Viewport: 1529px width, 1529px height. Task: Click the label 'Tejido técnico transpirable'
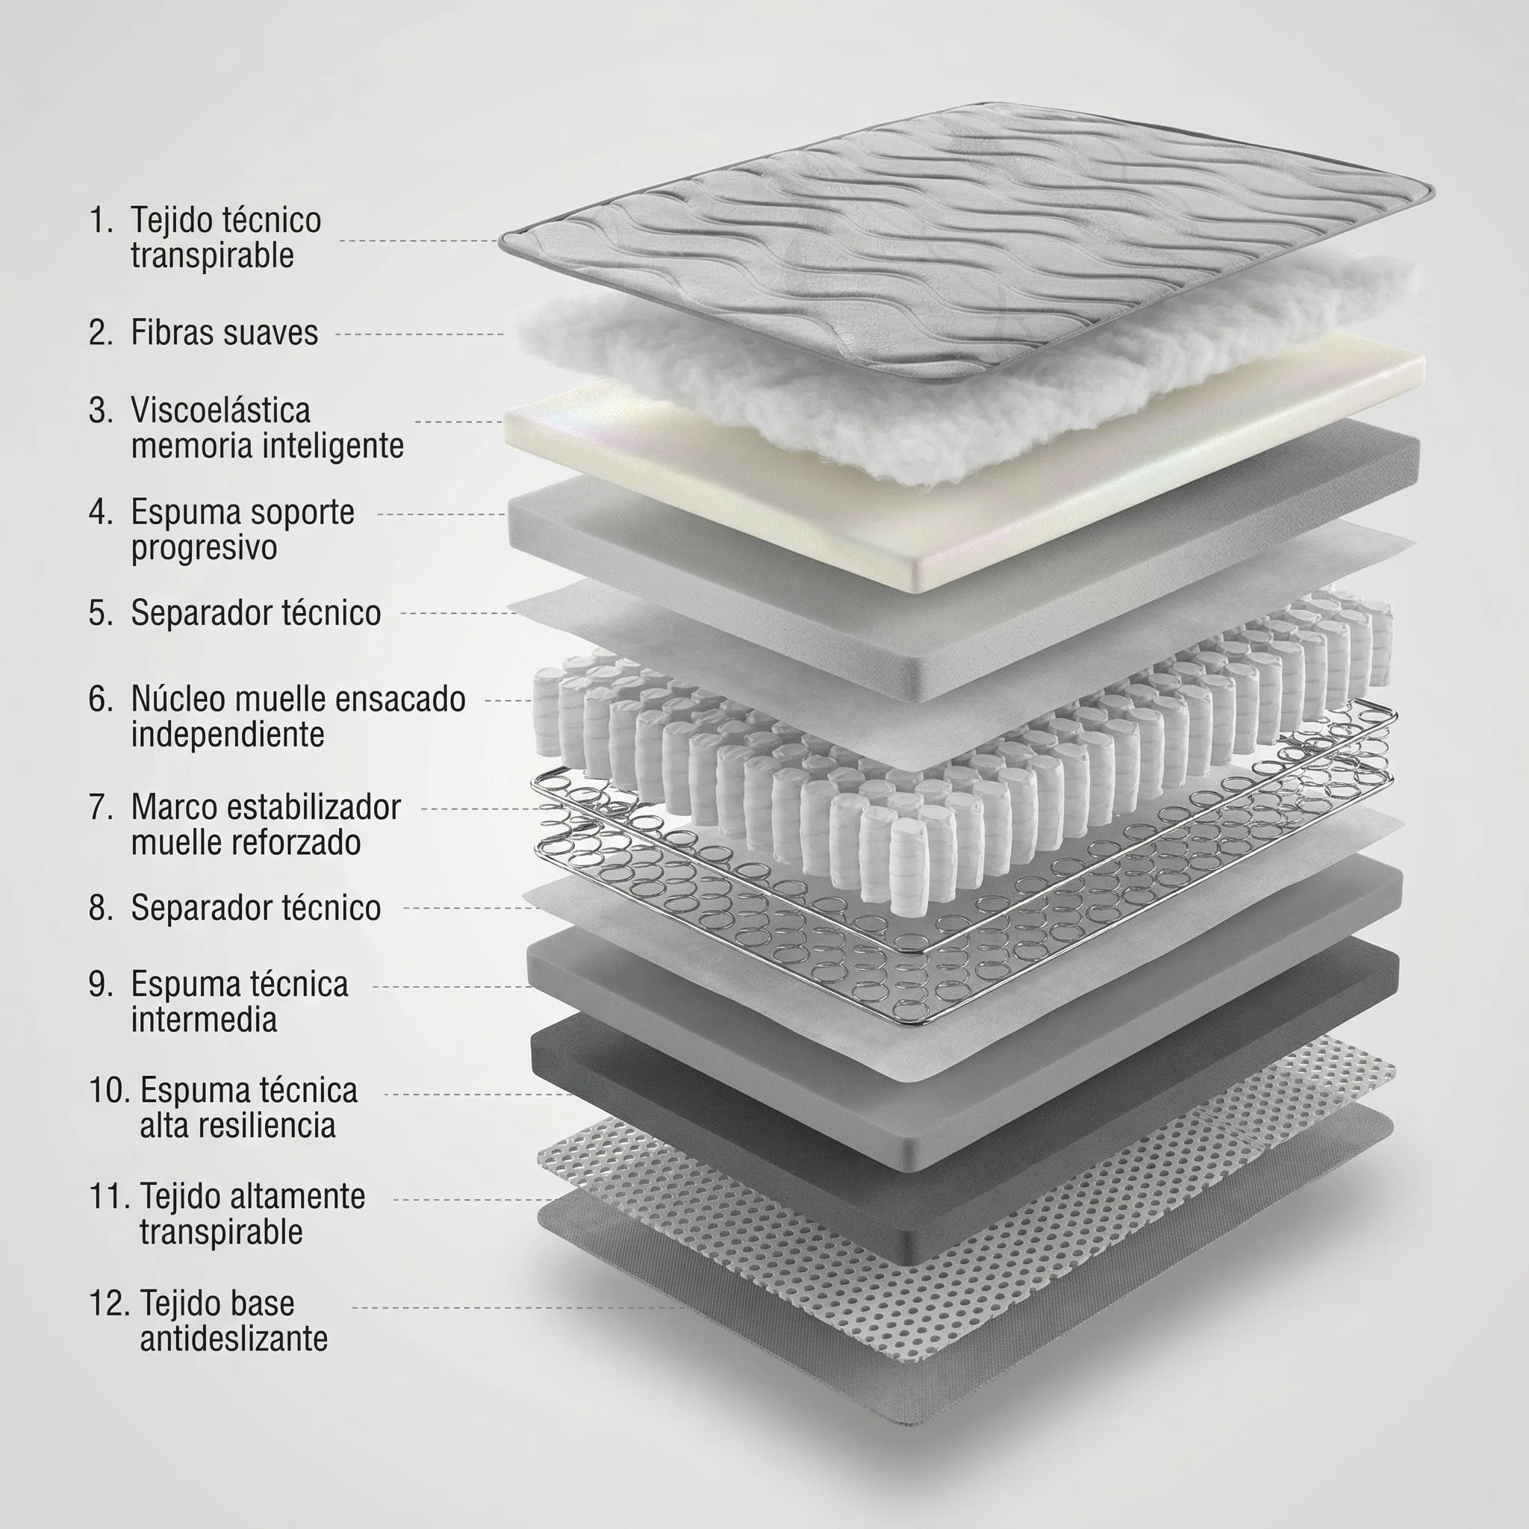click(x=225, y=237)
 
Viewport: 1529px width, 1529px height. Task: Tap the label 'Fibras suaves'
click(x=224, y=333)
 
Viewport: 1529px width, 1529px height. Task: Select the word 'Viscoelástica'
click(x=220, y=411)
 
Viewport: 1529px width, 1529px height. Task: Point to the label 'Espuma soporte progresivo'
click(x=242, y=529)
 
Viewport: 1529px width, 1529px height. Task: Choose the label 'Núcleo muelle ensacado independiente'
click(x=298, y=717)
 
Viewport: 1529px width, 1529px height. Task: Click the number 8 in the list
click(x=101, y=909)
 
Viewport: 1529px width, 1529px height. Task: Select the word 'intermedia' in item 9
click(x=204, y=1020)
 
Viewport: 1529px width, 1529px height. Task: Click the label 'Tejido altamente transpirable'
click(x=252, y=1214)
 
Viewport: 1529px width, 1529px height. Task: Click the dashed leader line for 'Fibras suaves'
click(x=420, y=334)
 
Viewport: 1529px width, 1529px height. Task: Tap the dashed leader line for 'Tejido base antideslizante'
click(x=514, y=1307)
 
